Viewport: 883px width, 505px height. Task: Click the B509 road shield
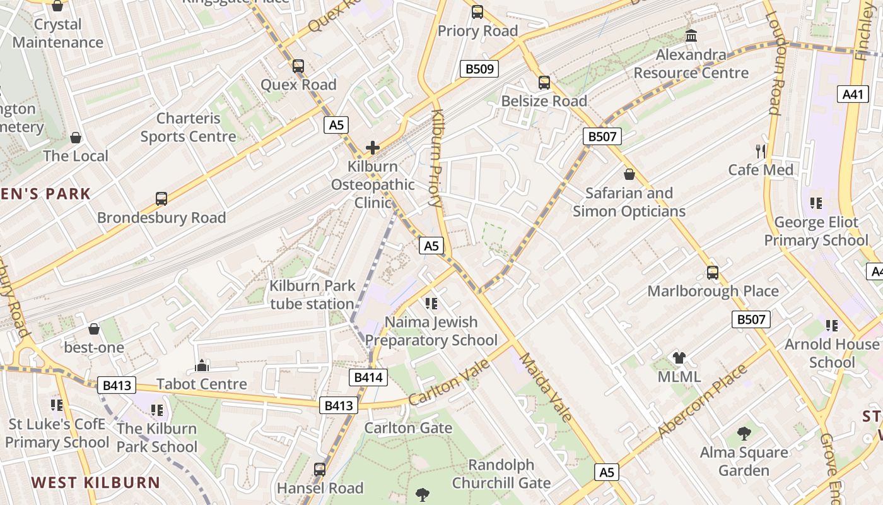[479, 68]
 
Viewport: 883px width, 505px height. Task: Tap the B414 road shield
[368, 377]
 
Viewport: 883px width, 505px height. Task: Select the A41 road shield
[852, 95]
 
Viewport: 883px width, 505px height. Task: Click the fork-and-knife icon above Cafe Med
[761, 151]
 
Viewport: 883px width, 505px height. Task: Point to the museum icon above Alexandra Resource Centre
[691, 36]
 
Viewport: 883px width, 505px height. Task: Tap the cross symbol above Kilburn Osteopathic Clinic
[373, 148]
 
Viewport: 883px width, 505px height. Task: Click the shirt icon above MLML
[679, 358]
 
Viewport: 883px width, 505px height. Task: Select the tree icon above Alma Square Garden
[744, 434]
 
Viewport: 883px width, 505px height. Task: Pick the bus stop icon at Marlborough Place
[713, 273]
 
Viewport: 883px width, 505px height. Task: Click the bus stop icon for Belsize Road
[544, 82]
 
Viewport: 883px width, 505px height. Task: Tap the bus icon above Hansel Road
[320, 470]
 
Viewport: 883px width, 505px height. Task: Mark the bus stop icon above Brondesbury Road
[161, 199]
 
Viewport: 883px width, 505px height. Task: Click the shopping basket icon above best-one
[94, 329]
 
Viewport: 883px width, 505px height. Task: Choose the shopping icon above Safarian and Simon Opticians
[629, 174]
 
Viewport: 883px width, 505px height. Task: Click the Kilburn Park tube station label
[312, 295]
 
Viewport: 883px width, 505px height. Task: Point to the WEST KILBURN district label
[96, 483]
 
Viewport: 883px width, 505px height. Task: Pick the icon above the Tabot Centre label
[202, 365]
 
